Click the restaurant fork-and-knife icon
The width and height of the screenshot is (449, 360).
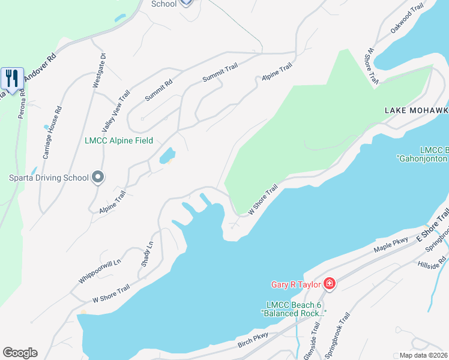coord(12,78)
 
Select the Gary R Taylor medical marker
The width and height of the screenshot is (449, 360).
coord(328,283)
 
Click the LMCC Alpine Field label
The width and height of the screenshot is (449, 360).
coord(119,141)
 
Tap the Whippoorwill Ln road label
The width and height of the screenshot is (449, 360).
coord(100,272)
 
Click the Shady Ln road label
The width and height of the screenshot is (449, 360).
coord(147,254)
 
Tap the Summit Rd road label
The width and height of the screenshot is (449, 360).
coord(158,90)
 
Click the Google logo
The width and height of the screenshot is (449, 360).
coord(20,353)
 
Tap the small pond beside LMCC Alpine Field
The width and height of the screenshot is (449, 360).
coord(166,156)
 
